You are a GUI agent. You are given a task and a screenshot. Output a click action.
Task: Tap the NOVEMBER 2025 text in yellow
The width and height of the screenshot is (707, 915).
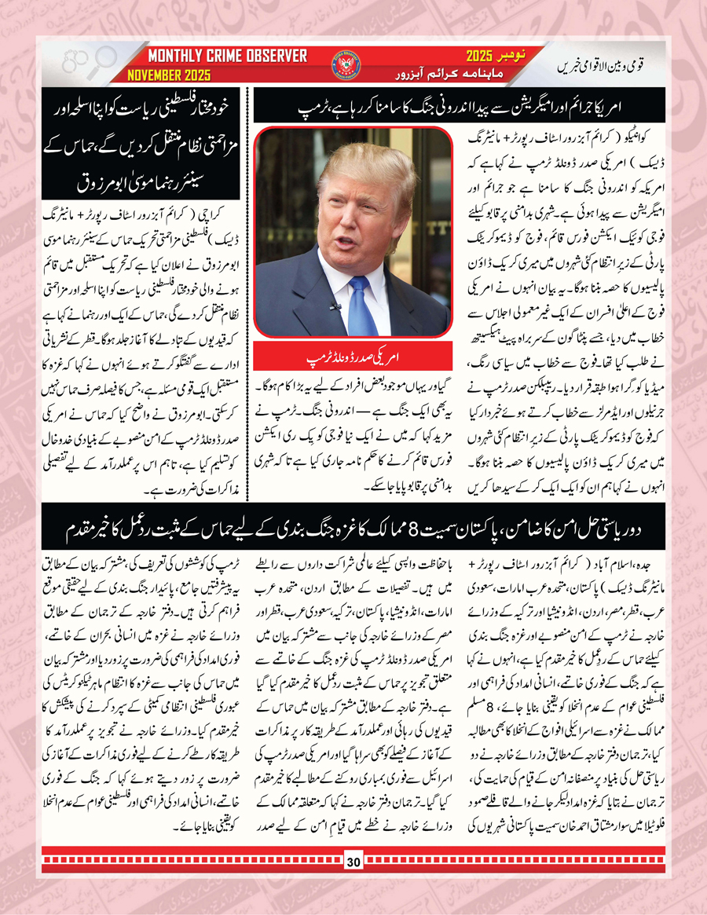click(176, 75)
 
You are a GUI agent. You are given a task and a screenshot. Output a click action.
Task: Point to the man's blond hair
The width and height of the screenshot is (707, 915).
click(369, 157)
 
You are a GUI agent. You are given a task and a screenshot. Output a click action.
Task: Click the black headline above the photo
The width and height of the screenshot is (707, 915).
click(459, 105)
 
